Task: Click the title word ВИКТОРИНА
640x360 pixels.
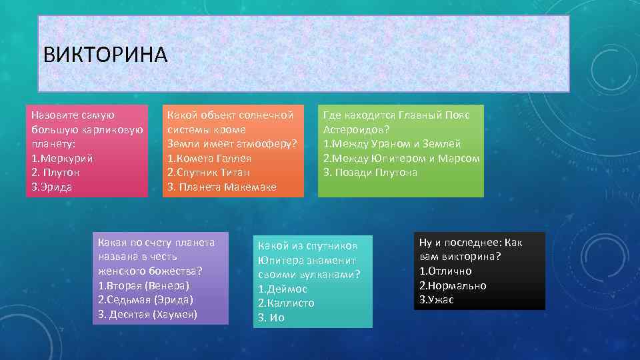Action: coord(105,54)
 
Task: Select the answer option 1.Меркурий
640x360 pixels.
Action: coord(62,159)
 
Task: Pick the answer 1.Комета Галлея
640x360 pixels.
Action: coord(209,159)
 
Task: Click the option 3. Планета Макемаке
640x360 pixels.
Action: coord(222,187)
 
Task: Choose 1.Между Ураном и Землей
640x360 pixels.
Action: coord(392,144)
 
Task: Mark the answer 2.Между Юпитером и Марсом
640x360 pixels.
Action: coord(401,159)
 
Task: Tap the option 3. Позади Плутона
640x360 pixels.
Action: coord(371,173)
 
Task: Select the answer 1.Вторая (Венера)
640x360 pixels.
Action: coord(144,285)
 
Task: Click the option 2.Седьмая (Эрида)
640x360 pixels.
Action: coord(146,300)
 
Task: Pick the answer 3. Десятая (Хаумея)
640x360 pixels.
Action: coord(148,314)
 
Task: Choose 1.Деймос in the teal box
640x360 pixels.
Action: coord(283,289)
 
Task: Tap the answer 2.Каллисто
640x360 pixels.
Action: coord(286,303)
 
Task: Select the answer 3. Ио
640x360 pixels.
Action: coord(271,318)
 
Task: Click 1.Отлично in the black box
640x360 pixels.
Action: coord(446,271)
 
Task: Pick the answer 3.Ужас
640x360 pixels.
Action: coord(437,300)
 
